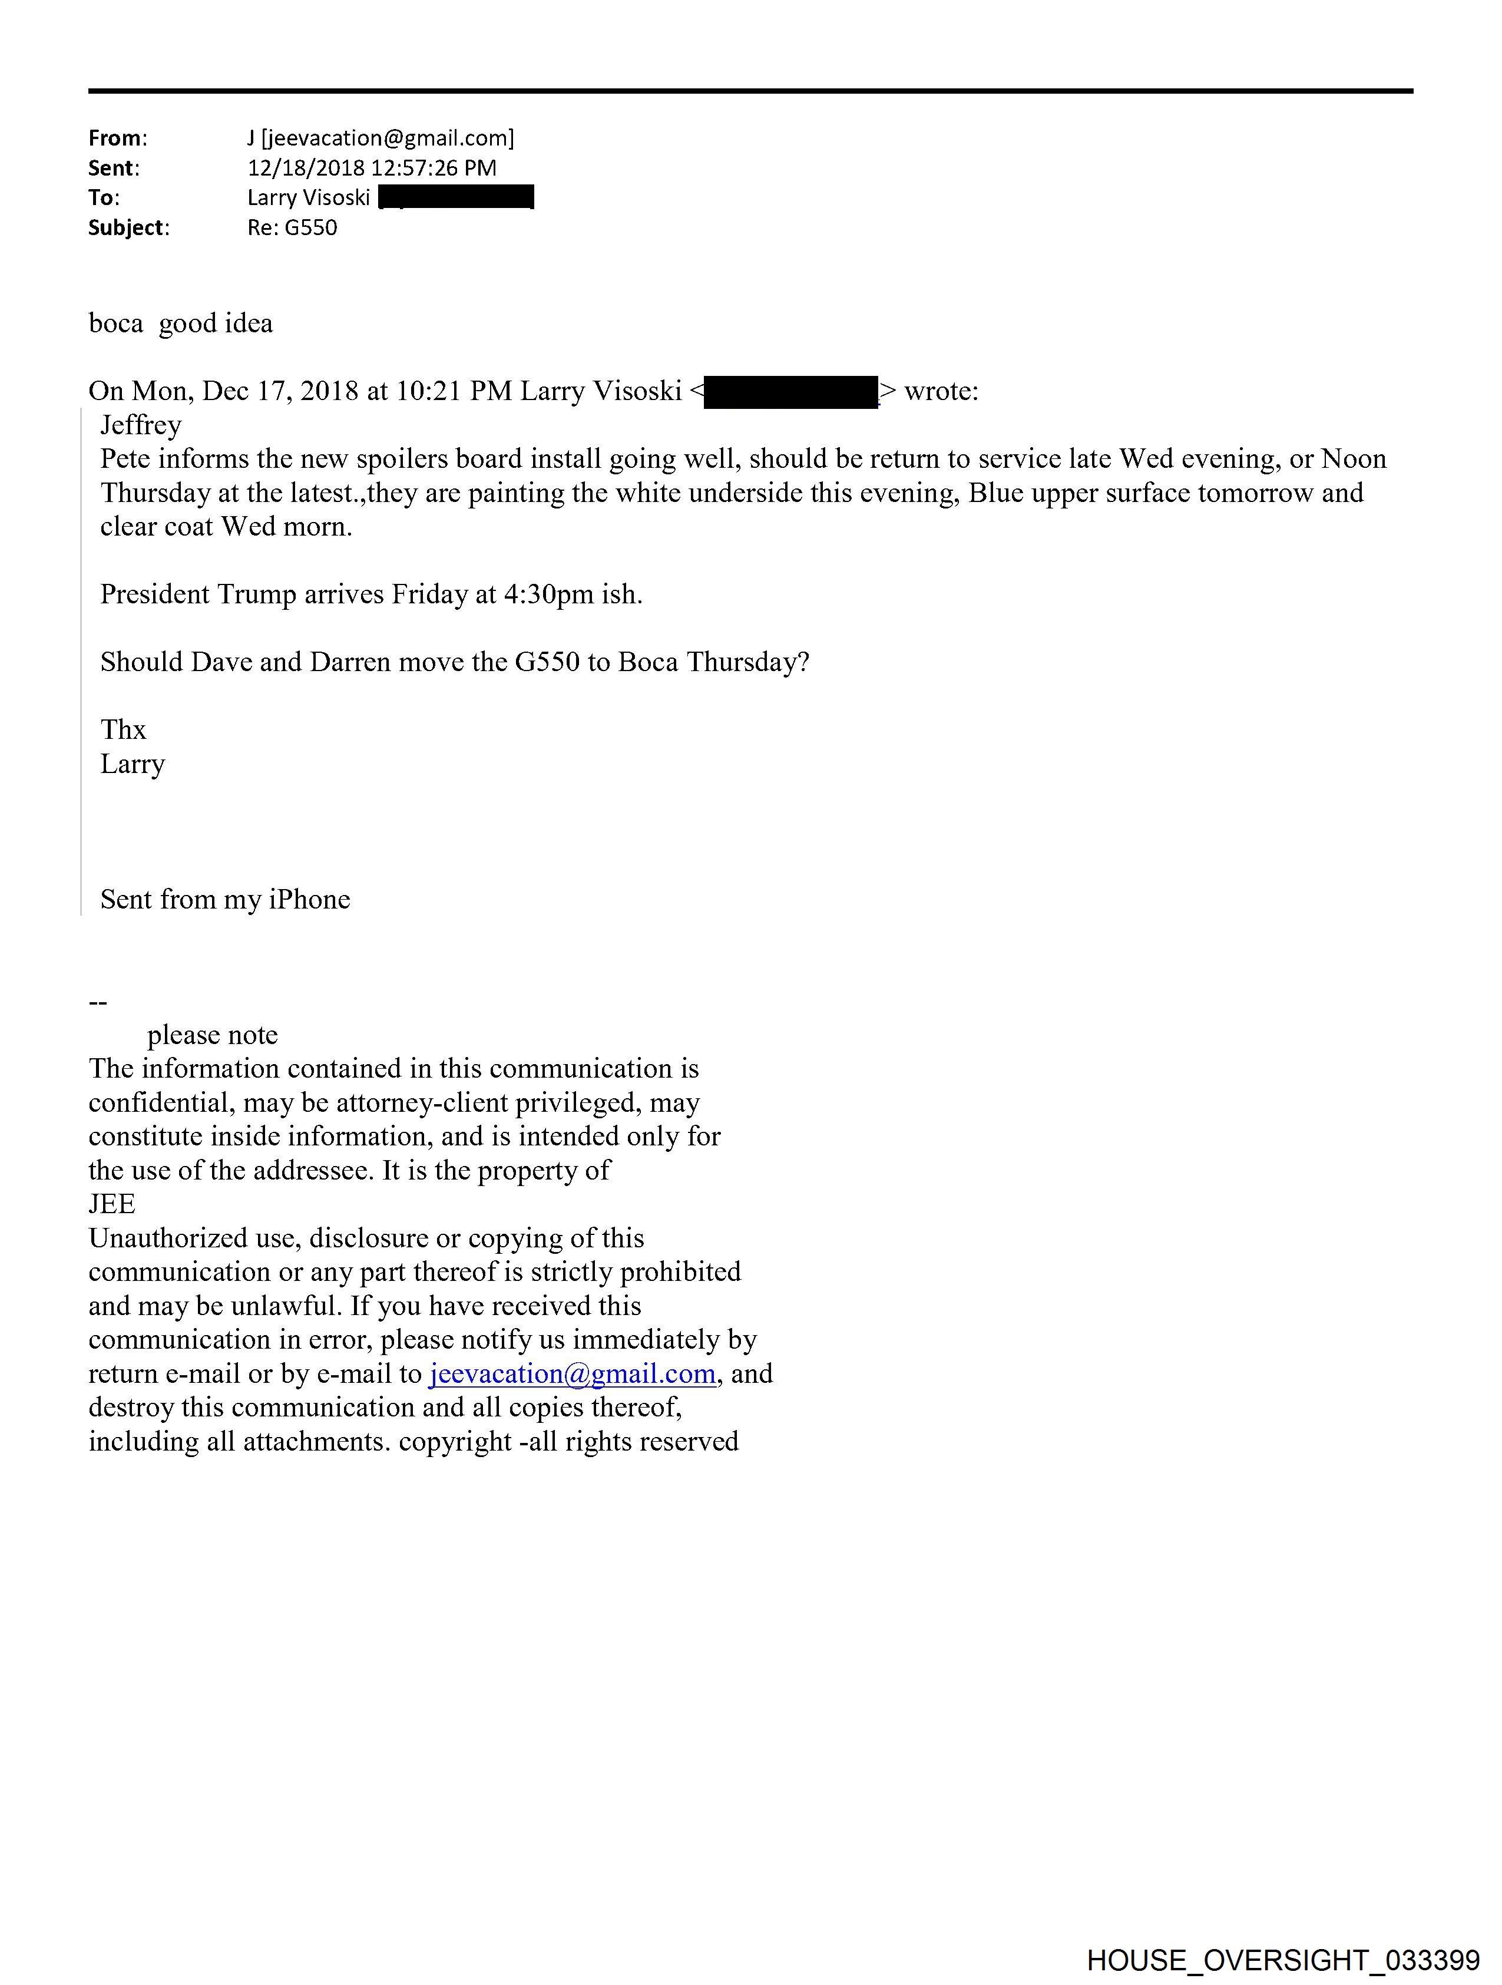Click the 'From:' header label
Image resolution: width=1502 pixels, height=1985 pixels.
coord(118,138)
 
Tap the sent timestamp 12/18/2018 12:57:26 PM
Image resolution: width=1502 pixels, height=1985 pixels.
coord(372,168)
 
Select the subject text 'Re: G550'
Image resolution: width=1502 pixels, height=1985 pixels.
coord(293,228)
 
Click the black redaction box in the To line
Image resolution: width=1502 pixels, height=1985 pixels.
coord(456,197)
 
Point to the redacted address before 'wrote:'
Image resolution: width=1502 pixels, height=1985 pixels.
coord(790,393)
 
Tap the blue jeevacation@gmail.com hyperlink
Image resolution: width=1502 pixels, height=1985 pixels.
coord(573,1374)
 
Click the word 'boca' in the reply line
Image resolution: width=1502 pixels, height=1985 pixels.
coord(116,324)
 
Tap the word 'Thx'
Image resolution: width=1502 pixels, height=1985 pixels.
coord(123,729)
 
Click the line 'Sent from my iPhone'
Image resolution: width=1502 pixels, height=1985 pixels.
coord(225,899)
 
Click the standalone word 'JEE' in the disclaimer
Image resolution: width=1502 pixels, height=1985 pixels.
coord(112,1204)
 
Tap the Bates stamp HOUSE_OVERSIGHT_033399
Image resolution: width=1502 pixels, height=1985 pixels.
coord(1283,1960)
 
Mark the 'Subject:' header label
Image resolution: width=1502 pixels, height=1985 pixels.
coord(128,228)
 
